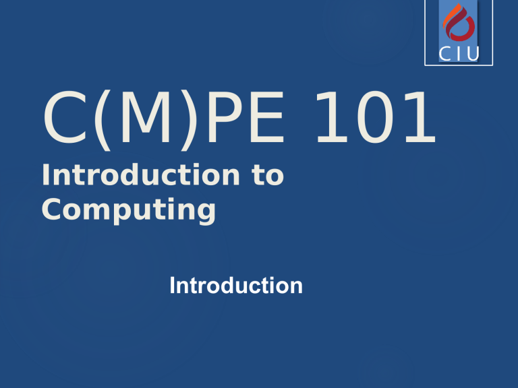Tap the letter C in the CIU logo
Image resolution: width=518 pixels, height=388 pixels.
coord(445,55)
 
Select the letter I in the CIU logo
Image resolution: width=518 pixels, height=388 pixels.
coord(461,55)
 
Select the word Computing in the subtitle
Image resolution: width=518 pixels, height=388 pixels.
coord(128,210)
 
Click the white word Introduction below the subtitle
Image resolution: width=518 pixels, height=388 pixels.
coord(236,286)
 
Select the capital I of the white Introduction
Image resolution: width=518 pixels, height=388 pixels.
coord(173,286)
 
